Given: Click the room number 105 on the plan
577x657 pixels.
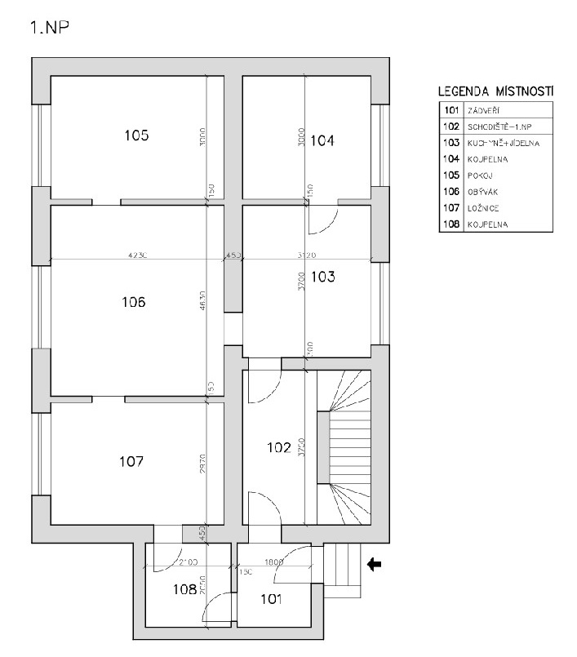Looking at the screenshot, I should coord(136,135).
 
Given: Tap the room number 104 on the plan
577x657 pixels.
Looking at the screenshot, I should coord(322,140).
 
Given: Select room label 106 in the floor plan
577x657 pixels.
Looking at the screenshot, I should coord(133,302).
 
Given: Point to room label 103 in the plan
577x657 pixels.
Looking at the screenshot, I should coord(323,277).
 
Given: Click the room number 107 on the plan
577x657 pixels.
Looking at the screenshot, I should coord(131,461).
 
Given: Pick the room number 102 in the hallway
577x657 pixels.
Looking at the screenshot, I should coord(279,446).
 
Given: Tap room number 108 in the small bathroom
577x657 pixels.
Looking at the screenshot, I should coord(184,588).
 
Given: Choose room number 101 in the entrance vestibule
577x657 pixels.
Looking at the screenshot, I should coord(270,600).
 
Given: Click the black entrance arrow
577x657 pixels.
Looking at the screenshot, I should coord(375,563).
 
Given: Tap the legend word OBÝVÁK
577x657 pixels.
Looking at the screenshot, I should coord(482,191).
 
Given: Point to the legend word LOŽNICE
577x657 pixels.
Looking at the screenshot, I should coord(482,207).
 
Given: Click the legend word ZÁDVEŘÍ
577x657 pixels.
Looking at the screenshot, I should coord(482,109).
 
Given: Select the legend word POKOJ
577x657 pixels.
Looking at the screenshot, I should coord(479,175).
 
